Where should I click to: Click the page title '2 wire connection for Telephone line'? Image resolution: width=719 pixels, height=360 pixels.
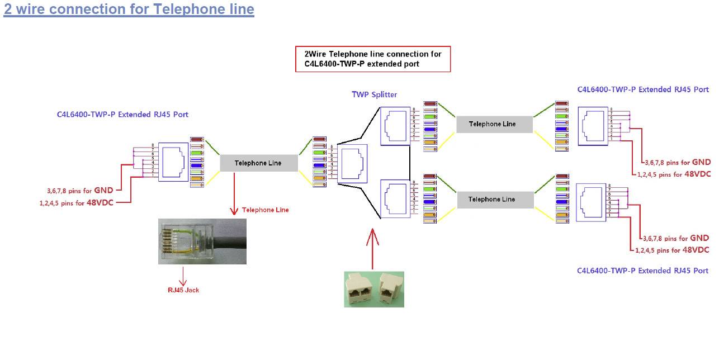tap(129, 10)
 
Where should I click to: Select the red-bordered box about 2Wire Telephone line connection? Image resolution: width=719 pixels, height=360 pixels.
tap(373, 59)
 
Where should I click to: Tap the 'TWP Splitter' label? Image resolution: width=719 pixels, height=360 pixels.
tap(374, 94)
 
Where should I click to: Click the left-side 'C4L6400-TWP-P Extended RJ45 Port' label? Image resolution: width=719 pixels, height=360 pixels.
tap(122, 115)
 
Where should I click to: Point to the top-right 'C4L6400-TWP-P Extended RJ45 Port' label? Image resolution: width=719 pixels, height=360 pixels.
tap(643, 89)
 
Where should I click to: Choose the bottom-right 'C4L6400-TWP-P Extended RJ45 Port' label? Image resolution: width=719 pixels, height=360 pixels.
tap(643, 271)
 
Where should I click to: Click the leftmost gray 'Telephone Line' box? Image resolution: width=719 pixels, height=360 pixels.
tap(258, 163)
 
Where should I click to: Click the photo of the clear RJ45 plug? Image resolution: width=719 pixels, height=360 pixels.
tap(202, 241)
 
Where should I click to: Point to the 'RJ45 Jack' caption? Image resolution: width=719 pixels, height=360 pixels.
tap(183, 290)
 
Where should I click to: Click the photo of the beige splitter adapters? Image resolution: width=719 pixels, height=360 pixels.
tap(373, 289)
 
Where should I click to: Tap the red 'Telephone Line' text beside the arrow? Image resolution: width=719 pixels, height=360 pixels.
tap(266, 210)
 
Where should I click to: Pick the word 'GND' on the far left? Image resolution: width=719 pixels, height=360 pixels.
tap(103, 190)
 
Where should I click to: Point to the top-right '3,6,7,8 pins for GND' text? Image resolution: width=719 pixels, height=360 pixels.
tap(677, 162)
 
